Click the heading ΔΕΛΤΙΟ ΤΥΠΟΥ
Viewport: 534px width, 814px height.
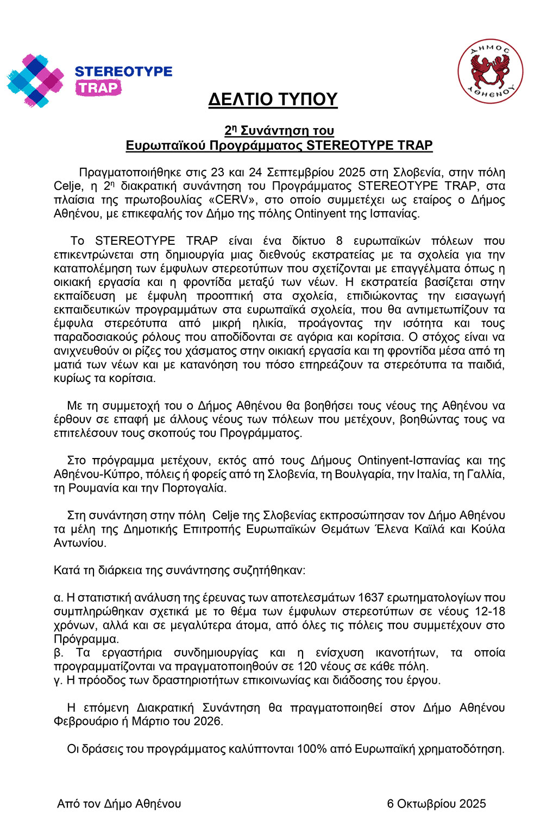tap(273, 99)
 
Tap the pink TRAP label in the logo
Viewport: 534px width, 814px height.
tap(98, 88)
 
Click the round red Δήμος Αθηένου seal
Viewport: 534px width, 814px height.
tap(490, 71)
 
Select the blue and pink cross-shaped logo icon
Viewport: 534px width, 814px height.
tap(35, 80)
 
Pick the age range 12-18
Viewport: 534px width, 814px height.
tap(489, 611)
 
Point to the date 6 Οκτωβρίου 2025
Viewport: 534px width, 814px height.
tap(436, 804)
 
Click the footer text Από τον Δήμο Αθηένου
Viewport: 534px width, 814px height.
tap(119, 804)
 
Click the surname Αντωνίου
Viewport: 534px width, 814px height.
tap(79, 543)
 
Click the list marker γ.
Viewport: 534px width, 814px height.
tap(58, 680)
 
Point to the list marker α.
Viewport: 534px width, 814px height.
tap(58, 597)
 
